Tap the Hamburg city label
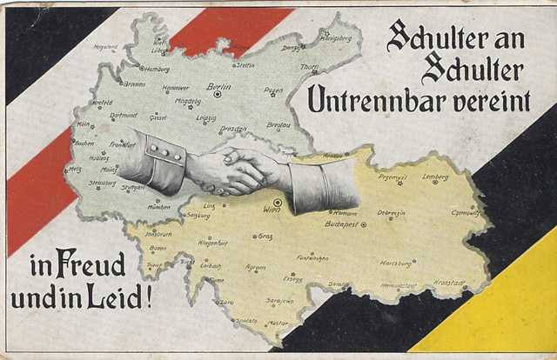158,69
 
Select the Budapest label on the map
341,223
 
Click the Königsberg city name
336,38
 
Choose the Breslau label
279,124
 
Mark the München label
158,207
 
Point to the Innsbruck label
158,234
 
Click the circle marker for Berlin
218,94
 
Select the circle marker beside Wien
277,202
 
